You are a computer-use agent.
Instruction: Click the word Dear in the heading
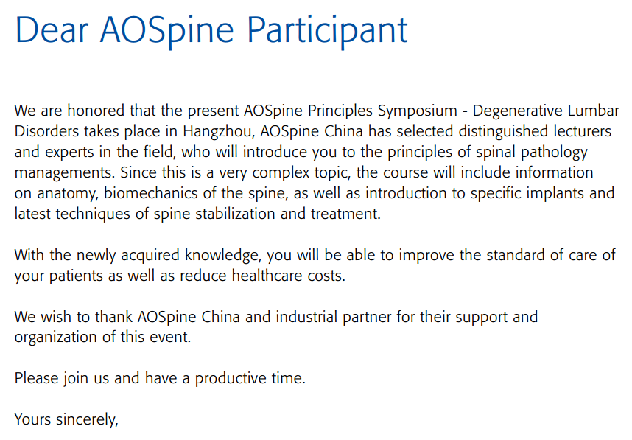[52, 29]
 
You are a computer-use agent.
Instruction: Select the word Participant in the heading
[327, 32]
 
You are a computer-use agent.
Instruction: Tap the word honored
[96, 111]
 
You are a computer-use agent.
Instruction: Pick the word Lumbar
[593, 111]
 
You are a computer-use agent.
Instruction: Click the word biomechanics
[151, 193]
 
